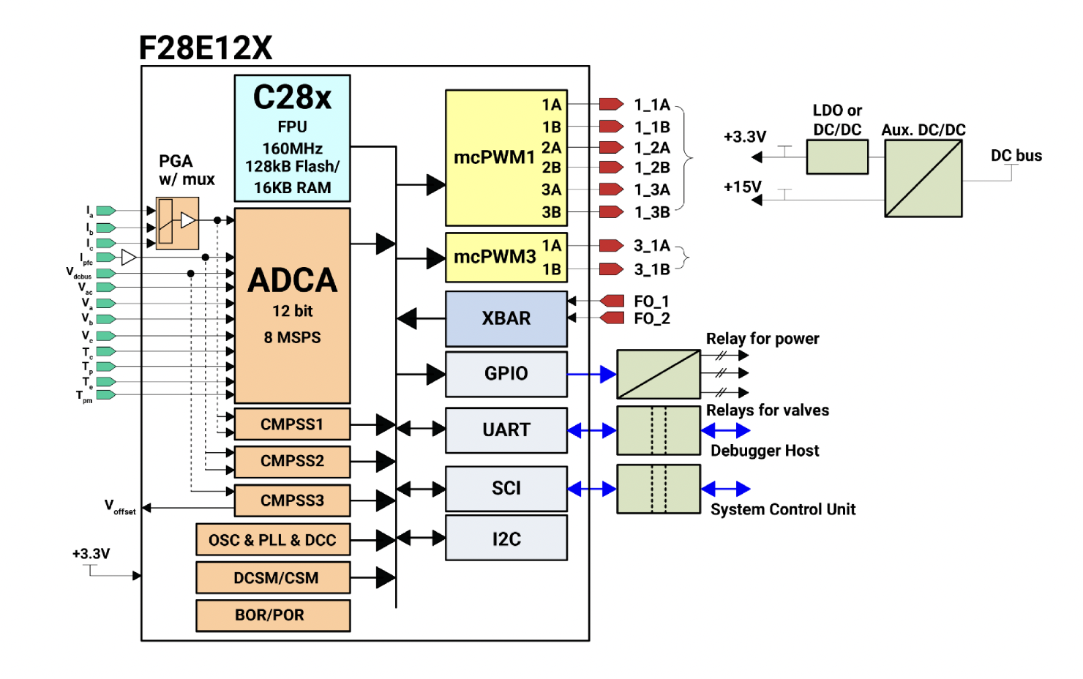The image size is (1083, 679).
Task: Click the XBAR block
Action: click(x=506, y=318)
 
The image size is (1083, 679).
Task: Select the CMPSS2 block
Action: click(x=292, y=461)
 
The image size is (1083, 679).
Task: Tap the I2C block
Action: click(x=506, y=539)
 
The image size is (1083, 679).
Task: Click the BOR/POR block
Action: click(x=273, y=615)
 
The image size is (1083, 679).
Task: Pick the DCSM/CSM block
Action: click(x=273, y=577)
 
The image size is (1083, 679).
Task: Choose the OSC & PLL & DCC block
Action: click(x=273, y=540)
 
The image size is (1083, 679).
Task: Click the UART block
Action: click(x=506, y=430)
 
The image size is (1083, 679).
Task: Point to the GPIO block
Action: click(x=506, y=374)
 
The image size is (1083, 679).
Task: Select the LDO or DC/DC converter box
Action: click(x=837, y=157)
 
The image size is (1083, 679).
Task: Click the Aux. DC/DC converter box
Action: click(x=923, y=179)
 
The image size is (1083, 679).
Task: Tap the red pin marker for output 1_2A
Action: click(x=611, y=148)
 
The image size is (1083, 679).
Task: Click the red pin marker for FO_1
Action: click(x=612, y=301)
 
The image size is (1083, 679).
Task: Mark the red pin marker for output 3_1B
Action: click(x=611, y=269)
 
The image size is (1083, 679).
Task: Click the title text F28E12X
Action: click(x=206, y=48)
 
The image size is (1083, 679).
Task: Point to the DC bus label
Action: click(x=1016, y=156)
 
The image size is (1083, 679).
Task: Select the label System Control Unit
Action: click(x=782, y=509)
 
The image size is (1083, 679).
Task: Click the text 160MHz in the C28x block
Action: click(x=292, y=149)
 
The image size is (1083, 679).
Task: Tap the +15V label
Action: click(x=742, y=187)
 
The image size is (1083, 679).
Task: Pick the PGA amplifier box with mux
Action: click(x=177, y=222)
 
